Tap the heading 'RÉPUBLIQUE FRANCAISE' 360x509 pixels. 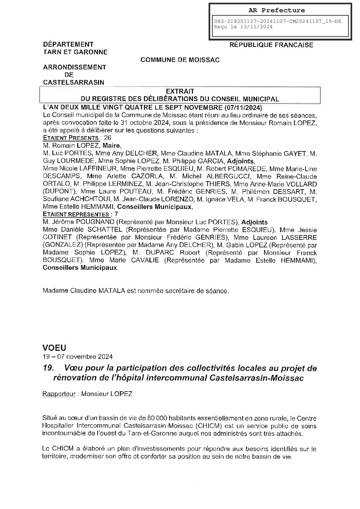click(x=271, y=45)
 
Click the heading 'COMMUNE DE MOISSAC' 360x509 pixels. click(x=180, y=60)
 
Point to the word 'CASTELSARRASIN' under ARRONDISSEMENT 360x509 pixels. click(x=73, y=82)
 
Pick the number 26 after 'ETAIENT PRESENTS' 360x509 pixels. click(x=107, y=138)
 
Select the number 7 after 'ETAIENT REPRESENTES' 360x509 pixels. click(x=116, y=214)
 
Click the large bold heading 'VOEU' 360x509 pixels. click(x=54, y=348)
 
